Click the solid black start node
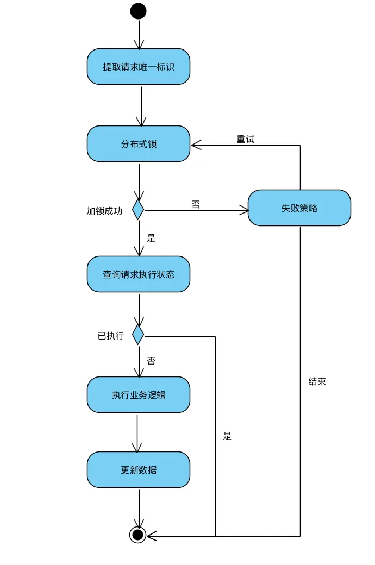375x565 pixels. tap(138, 11)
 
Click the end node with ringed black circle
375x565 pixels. tap(138, 535)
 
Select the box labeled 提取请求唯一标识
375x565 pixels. tap(139, 67)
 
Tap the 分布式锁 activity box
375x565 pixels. tap(139, 144)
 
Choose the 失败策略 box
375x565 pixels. tap(299, 208)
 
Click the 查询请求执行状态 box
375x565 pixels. tap(139, 274)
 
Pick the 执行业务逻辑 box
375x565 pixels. tap(139, 395)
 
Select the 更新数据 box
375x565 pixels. tap(139, 470)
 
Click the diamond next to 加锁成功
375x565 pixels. tap(138, 210)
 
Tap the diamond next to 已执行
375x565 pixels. tap(138, 335)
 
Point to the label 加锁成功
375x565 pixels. tap(104, 211)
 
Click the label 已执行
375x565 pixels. tap(111, 336)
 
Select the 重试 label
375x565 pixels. tap(245, 139)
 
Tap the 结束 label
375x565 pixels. tap(317, 381)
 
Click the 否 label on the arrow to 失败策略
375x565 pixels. tap(196, 204)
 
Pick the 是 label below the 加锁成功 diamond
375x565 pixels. tap(151, 238)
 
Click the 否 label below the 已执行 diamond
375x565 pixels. tap(151, 361)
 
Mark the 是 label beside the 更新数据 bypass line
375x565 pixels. tap(227, 436)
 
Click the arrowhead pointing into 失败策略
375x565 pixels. tap(244, 210)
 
